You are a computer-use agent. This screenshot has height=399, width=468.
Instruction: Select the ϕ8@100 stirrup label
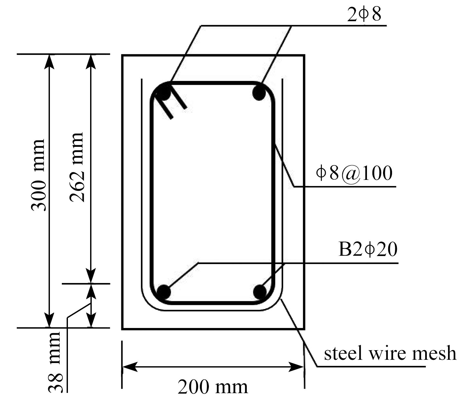coord(354,173)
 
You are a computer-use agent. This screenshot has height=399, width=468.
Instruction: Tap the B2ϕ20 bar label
coord(368,249)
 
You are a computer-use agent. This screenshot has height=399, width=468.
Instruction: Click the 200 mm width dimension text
coord(213,387)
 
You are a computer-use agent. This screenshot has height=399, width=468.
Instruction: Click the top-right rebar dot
coord(259,93)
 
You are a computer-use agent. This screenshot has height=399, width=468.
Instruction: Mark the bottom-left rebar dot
coord(164,292)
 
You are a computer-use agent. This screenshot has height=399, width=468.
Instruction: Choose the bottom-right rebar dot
coord(259,292)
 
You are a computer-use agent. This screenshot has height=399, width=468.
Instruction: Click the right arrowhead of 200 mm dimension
coord(296,367)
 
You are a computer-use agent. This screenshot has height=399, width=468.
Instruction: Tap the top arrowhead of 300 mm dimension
coord(49,62)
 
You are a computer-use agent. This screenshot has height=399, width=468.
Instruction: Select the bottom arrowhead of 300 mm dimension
coord(49,320)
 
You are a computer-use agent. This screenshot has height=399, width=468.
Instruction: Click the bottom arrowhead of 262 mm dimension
coord(90,276)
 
